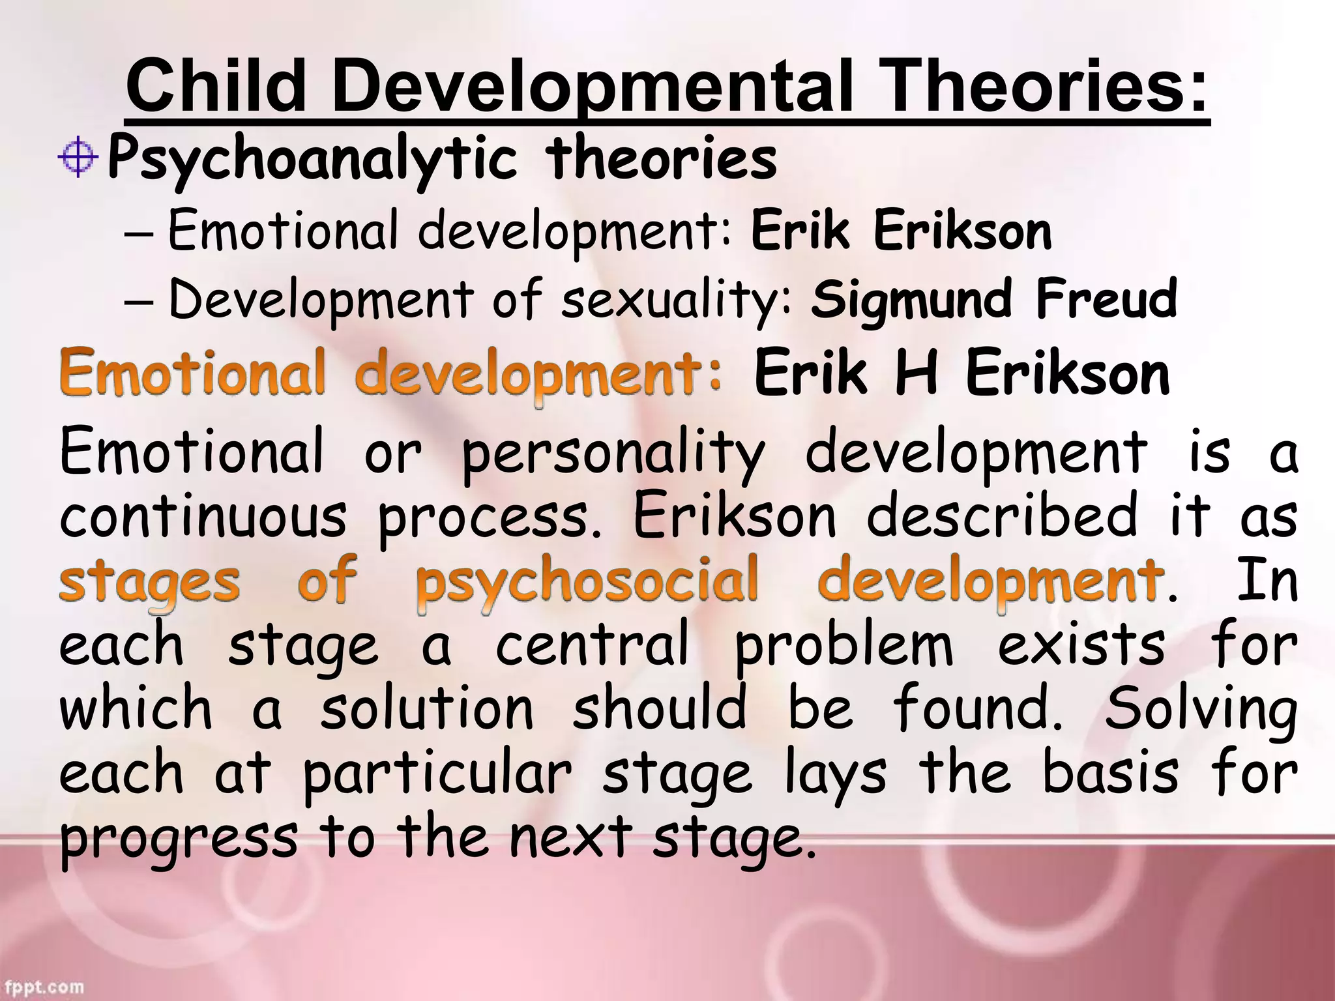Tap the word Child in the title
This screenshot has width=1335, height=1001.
[216, 87]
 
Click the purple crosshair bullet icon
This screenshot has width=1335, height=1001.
[78, 157]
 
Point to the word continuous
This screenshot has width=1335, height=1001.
[203, 516]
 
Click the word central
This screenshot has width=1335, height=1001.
[592, 644]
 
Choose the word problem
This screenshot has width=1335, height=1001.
[844, 646]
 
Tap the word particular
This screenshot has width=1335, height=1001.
[437, 774]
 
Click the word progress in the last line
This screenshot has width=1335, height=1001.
[179, 838]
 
